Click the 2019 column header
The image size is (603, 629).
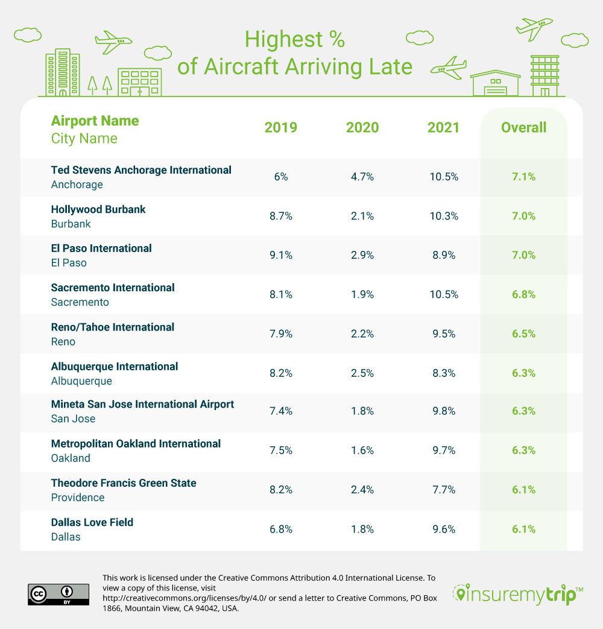(x=281, y=127)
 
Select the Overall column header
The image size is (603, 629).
(x=523, y=127)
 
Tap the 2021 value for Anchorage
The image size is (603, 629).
(x=443, y=177)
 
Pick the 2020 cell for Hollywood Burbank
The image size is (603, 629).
(x=362, y=216)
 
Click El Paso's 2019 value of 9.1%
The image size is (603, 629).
(x=281, y=255)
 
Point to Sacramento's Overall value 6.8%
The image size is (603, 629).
(x=523, y=294)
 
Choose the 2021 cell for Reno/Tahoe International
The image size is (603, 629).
(x=443, y=333)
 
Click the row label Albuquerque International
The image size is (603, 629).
(x=115, y=366)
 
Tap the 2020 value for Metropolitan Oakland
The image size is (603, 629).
(x=362, y=450)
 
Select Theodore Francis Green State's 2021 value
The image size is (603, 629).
(x=443, y=490)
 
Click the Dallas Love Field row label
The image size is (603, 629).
(x=92, y=522)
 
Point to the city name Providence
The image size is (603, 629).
(x=78, y=498)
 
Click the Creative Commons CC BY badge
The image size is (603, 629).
(x=58, y=594)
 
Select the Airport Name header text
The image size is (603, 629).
(x=95, y=121)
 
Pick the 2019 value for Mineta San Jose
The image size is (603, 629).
(x=281, y=411)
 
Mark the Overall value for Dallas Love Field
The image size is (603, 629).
(x=523, y=529)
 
